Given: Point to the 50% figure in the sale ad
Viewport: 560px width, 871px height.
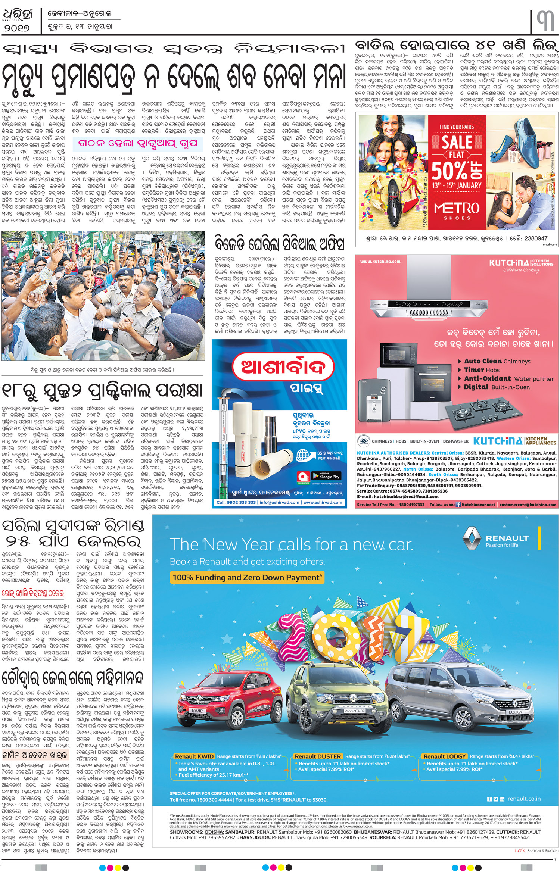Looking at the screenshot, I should click(x=457, y=170).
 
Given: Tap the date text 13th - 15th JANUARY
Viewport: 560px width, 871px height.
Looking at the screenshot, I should click(x=457, y=185).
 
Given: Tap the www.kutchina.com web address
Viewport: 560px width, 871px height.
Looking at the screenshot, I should click(x=380, y=262).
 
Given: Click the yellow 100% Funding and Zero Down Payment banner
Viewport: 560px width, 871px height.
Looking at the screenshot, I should click(x=246, y=578).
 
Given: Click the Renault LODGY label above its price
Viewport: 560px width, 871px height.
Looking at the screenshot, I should click(x=444, y=756).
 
